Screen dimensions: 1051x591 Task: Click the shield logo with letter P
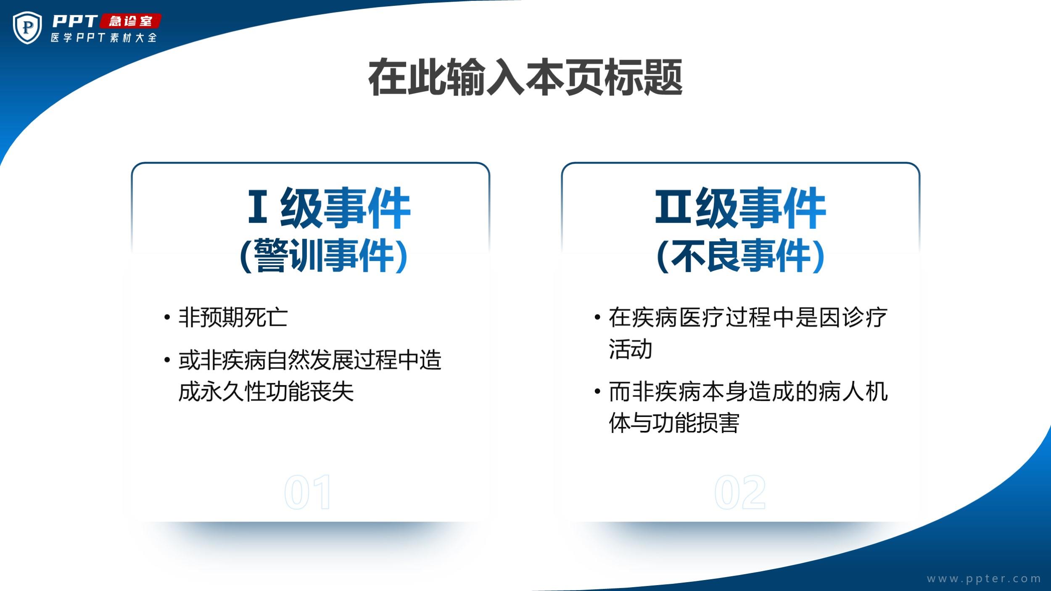(27, 28)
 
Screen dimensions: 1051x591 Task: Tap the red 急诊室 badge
(131, 21)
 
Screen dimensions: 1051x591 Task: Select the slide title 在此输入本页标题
(525, 77)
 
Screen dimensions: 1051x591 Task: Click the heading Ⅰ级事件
(329, 208)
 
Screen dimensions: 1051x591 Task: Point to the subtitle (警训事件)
(324, 255)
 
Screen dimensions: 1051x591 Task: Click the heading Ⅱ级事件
(740, 208)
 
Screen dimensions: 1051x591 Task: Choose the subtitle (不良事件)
(740, 255)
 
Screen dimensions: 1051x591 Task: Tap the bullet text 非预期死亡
(233, 317)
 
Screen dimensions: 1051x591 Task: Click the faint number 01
(308, 492)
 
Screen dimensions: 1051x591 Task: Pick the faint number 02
(740, 492)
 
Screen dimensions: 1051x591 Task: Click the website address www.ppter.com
(984, 579)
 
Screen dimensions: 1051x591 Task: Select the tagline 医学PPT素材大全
(104, 38)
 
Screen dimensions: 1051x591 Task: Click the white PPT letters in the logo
(75, 21)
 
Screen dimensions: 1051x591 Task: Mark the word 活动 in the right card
(631, 349)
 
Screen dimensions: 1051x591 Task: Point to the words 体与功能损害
(674, 423)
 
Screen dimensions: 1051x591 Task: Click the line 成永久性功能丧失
(266, 392)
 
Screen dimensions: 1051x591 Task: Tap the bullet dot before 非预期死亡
(167, 317)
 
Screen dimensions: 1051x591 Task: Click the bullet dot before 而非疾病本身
(597, 392)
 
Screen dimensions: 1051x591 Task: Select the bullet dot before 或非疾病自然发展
(167, 360)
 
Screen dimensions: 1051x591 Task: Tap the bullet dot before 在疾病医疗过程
(597, 317)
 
